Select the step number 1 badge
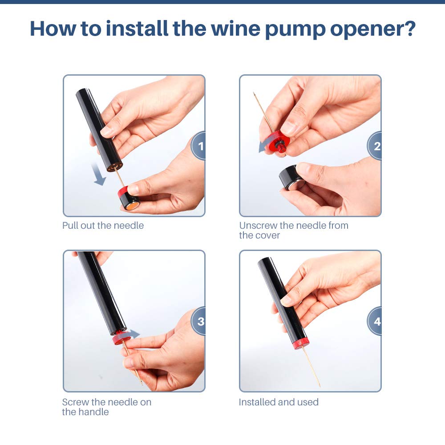(x=200, y=146)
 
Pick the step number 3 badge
(x=200, y=321)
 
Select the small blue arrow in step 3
(x=134, y=334)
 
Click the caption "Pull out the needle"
(x=103, y=226)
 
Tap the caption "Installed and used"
(x=279, y=402)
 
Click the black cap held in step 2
(x=291, y=177)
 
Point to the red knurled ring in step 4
(x=302, y=343)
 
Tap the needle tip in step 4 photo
(x=319, y=385)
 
